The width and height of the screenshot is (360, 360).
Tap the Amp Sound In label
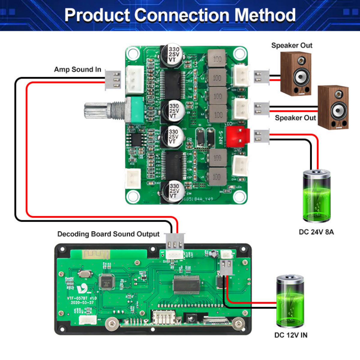pyautogui.click(x=77, y=70)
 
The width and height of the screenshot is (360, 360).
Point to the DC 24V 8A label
pyautogui.click(x=316, y=232)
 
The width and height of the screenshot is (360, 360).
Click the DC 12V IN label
pyautogui.click(x=291, y=335)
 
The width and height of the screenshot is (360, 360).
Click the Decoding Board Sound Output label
pyautogui.click(x=108, y=234)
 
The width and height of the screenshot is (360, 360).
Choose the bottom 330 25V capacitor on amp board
pyautogui.click(x=173, y=191)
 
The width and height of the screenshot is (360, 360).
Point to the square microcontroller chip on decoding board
pyautogui.click(x=107, y=282)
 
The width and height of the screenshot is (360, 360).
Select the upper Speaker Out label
pyautogui.click(x=292, y=46)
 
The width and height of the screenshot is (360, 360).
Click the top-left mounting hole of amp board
pyautogui.click(x=133, y=54)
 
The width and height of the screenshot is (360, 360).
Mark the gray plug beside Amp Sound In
pyautogui.click(x=113, y=80)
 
